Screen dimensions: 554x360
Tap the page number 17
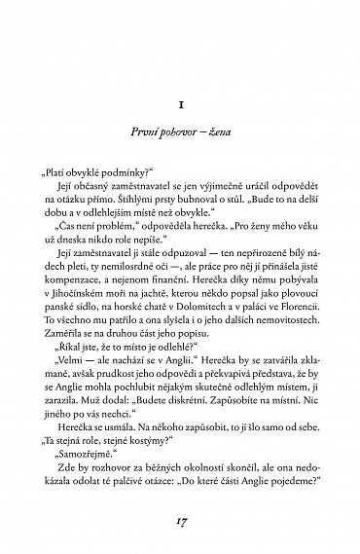(180, 520)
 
